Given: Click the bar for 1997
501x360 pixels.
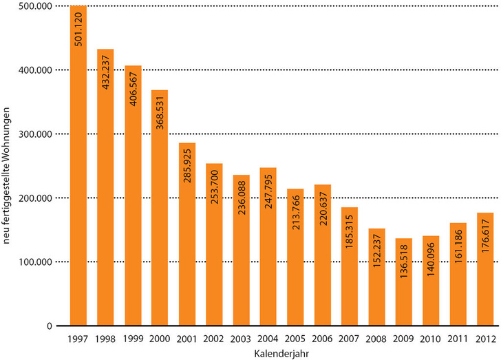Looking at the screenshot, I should click(78, 165).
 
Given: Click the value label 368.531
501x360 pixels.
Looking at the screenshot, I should click(160, 114).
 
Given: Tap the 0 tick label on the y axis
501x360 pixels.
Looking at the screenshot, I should click(48, 326).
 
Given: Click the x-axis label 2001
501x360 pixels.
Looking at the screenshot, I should click(187, 338).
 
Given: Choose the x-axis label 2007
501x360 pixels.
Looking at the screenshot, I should click(350, 338).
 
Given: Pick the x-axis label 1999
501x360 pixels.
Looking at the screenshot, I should click(133, 338).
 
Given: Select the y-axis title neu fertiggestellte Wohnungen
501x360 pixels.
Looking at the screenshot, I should click(8, 165).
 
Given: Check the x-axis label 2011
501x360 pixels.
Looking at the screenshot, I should click(458, 338).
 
